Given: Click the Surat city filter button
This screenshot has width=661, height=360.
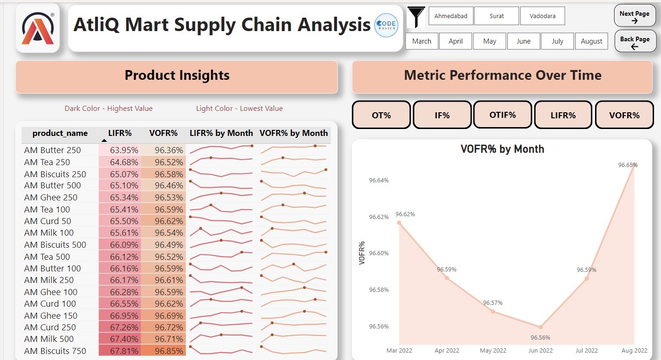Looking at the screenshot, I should tap(496, 16).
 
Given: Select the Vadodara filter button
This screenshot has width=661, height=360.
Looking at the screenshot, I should tap(542, 16).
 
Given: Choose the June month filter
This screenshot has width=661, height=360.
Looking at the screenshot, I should tap(523, 41).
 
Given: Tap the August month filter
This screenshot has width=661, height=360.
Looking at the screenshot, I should tap(591, 41).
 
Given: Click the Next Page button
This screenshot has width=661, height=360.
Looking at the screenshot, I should tap(635, 17).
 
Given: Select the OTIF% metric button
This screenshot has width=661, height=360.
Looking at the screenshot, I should tap(502, 115).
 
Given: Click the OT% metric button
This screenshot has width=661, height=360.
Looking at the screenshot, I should tap(381, 115).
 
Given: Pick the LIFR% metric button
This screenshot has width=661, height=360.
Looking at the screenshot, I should tap(563, 115).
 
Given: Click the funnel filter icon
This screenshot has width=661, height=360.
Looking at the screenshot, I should tap(416, 17).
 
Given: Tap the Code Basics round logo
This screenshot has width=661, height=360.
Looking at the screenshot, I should tap(386, 25).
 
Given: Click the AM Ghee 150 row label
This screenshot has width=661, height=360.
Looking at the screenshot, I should tap(51, 315).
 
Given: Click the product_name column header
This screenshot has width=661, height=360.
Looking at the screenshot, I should tap(60, 133).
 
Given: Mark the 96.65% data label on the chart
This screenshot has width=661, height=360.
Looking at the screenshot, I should tap(628, 165).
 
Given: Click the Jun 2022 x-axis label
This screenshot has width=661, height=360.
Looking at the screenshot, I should tap(540, 350).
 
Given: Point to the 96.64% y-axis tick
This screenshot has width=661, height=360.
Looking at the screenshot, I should tap(379, 180).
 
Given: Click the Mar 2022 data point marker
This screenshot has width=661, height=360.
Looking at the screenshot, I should tap(399, 223).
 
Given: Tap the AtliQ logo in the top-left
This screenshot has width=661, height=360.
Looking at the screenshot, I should tap(38, 28).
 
